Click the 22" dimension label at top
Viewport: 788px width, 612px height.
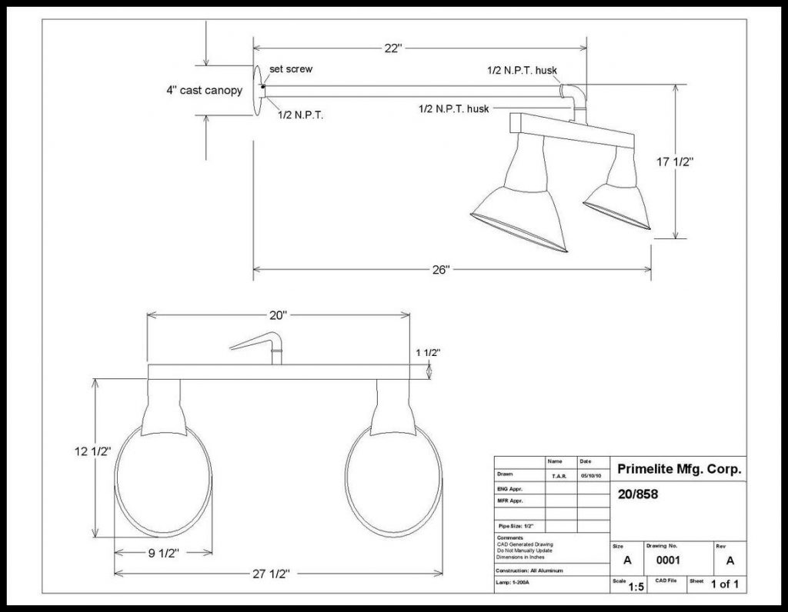tap(393, 48)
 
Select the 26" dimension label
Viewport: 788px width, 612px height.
tap(440, 270)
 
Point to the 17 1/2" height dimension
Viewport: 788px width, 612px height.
tap(675, 162)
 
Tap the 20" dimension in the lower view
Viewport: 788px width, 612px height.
tap(277, 315)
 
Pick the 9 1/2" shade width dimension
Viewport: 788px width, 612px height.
tap(162, 551)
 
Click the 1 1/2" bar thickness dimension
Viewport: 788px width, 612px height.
tap(428, 353)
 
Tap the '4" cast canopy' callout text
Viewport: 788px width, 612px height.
tap(204, 90)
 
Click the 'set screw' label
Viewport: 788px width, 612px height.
tap(291, 69)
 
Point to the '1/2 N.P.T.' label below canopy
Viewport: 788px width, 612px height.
tap(300, 115)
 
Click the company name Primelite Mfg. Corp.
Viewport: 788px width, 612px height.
tap(679, 469)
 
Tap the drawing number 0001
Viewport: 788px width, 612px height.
tap(667, 560)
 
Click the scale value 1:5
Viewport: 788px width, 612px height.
tap(636, 587)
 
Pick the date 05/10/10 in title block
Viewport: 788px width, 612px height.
tap(591, 476)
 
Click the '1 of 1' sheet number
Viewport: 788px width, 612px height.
tap(725, 584)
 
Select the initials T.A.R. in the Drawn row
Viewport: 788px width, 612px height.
tap(559, 476)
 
